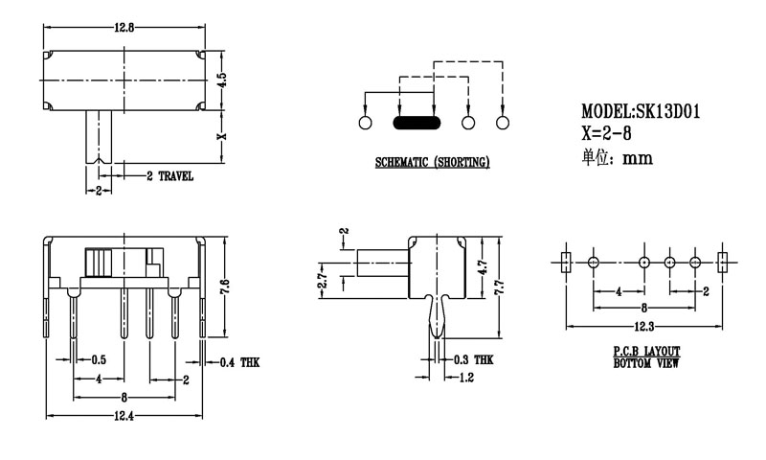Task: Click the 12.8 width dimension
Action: point(124,28)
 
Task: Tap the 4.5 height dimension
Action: point(221,80)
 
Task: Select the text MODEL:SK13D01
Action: point(641,111)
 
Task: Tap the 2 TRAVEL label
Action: point(169,176)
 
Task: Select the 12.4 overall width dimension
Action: point(123,415)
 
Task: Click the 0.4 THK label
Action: point(239,362)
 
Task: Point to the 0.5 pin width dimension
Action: point(99,361)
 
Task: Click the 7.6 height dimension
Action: point(222,285)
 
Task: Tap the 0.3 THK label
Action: point(473,360)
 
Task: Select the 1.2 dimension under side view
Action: point(467,378)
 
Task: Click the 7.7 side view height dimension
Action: point(498,285)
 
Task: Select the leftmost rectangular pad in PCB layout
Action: point(565,261)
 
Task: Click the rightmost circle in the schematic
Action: point(503,123)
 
